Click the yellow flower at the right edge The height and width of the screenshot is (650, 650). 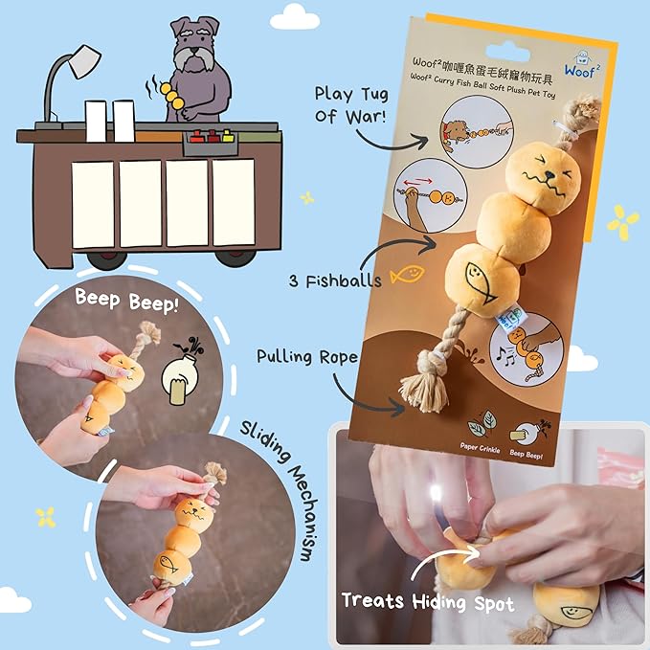(x=623, y=222)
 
